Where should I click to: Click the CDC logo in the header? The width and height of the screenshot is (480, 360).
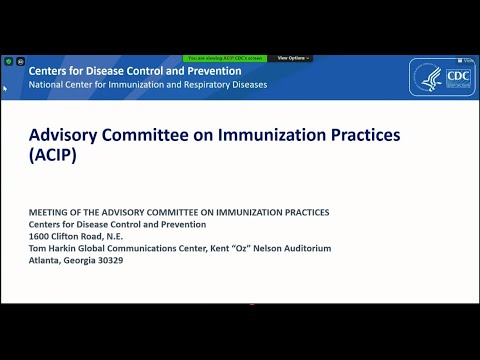tap(443, 77)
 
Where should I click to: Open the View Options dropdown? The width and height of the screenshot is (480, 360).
tap(293, 58)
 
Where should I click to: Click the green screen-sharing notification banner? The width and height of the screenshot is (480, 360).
tap(227, 58)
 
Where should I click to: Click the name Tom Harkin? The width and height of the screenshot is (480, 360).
tap(53, 248)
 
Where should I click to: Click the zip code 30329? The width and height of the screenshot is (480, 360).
tap(109, 260)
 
